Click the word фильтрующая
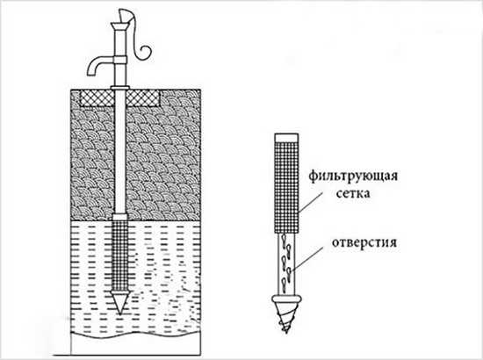tap(353, 177)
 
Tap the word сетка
tap(353, 194)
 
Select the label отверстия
tap(364, 242)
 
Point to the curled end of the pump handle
tap(145, 52)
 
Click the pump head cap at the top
tap(121, 25)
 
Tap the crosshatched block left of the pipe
tap(97, 98)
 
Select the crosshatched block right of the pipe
tap(143, 98)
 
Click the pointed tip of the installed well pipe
tap(120, 313)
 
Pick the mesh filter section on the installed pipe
tap(120, 255)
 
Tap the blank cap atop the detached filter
tap(286, 137)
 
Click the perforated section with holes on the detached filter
tap(286, 264)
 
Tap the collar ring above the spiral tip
tap(286, 299)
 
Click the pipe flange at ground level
tap(120, 88)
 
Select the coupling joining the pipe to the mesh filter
tap(120, 217)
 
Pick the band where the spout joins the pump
tap(120, 60)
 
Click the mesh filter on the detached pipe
tap(286, 187)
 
